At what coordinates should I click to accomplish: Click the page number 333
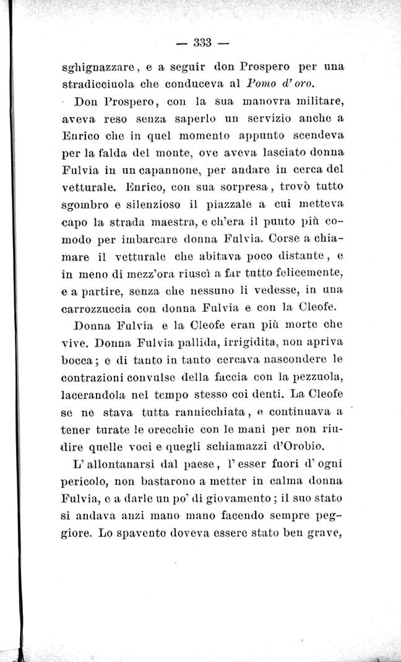click(202, 43)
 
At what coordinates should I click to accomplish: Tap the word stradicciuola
click(98, 83)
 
